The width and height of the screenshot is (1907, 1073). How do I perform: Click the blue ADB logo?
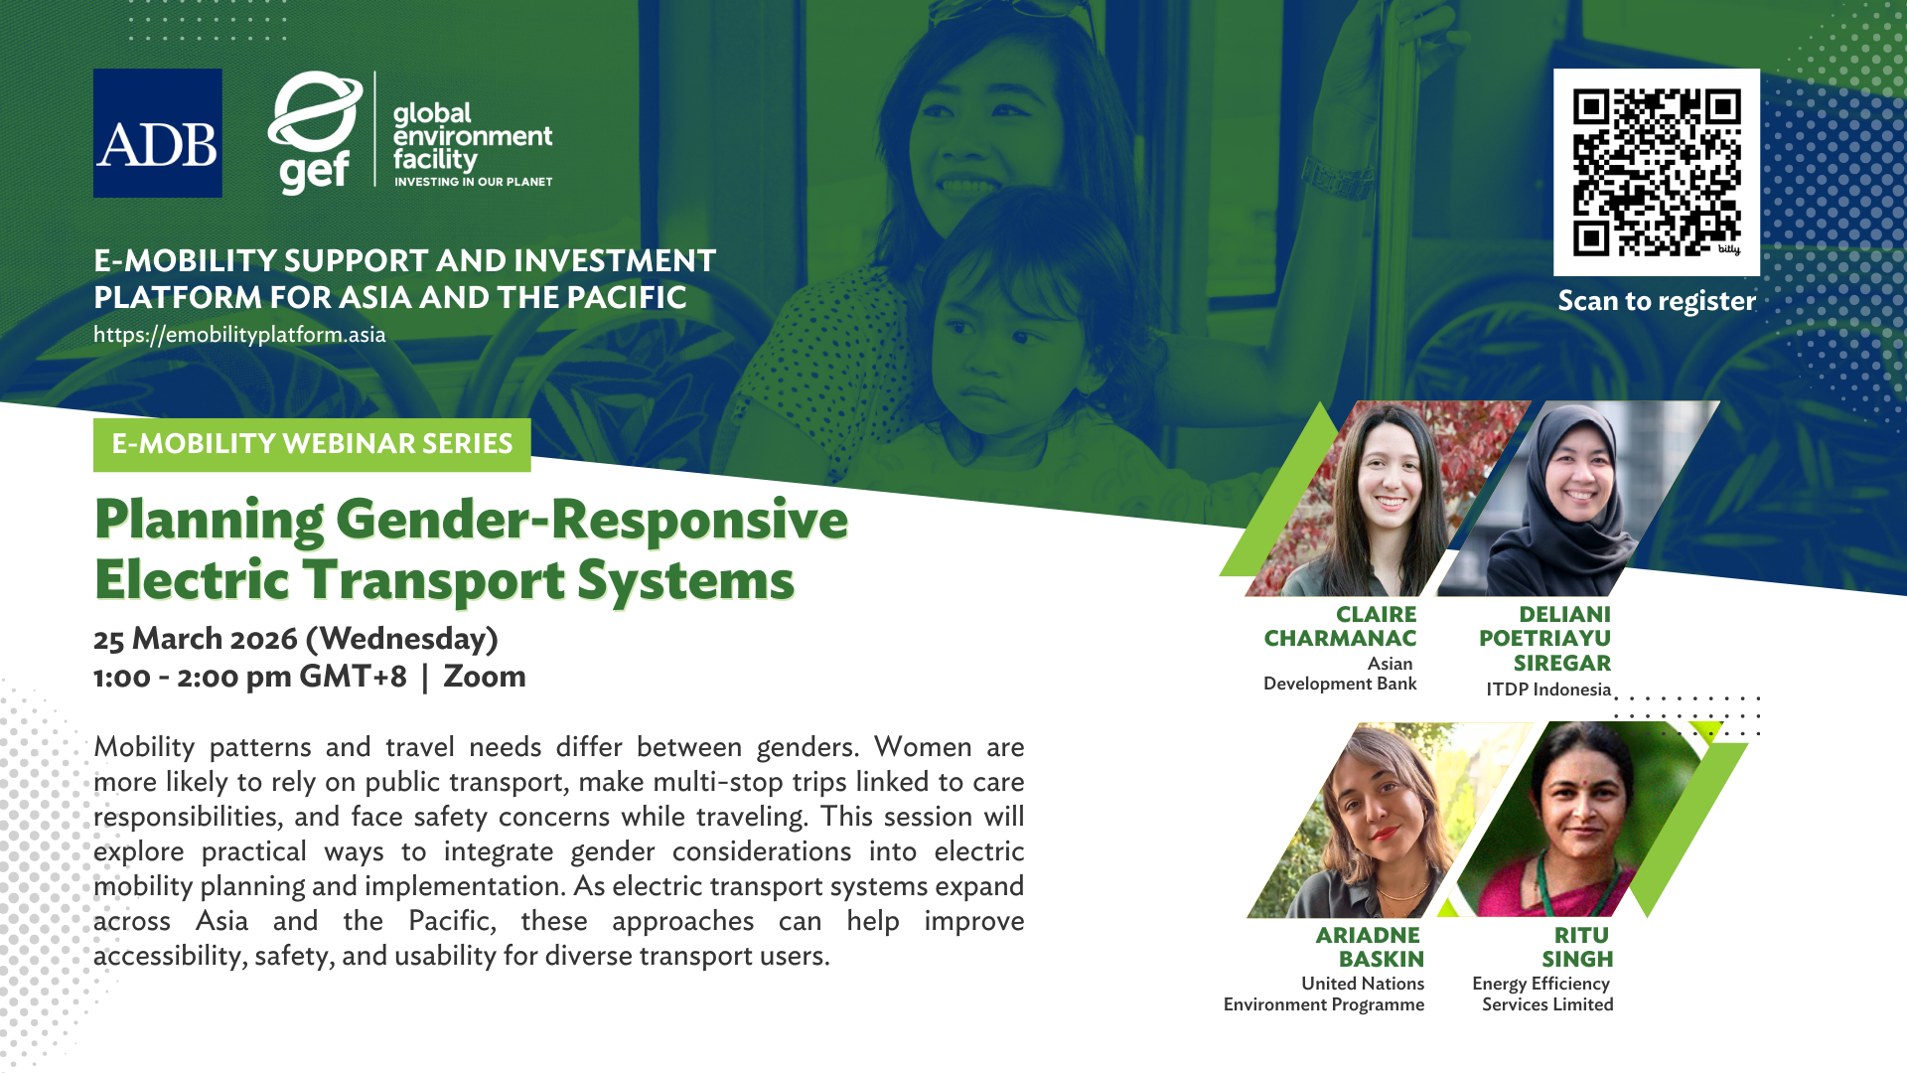[x=158, y=133]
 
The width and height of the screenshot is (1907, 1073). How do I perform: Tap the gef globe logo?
[x=315, y=132]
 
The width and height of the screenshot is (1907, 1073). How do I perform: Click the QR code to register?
[x=1657, y=172]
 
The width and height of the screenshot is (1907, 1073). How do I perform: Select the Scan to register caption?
[x=1657, y=300]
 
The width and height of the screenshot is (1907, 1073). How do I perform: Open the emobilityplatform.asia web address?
[x=239, y=335]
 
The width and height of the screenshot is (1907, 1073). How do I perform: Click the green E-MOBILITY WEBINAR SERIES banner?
[x=312, y=444]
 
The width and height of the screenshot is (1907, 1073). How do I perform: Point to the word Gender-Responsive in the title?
[x=592, y=520]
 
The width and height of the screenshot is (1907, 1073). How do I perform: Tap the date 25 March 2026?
[x=196, y=638]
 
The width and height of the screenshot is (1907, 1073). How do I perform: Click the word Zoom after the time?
[x=485, y=677]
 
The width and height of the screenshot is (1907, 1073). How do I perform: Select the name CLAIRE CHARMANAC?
[x=1340, y=626]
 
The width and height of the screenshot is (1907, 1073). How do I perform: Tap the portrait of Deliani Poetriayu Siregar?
[x=1578, y=499]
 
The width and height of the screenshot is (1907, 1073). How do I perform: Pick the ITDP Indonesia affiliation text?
[x=1548, y=690]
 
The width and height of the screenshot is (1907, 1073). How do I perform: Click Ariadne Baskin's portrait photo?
[x=1390, y=820]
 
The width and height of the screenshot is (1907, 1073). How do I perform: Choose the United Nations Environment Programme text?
[x=1324, y=994]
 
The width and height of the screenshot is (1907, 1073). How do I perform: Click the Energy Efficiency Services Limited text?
[x=1542, y=994]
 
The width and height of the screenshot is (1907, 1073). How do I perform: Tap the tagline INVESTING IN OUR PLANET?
[x=474, y=182]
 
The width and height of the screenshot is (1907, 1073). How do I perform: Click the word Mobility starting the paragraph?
[x=144, y=747]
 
